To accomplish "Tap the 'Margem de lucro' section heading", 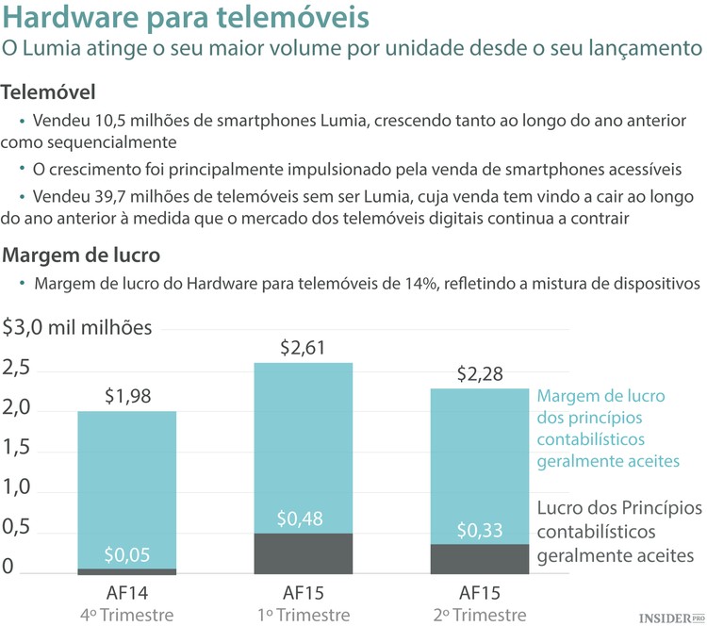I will pyautogui.click(x=81, y=255).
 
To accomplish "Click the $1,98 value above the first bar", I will pyautogui.click(x=126, y=396).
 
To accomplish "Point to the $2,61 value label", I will pyautogui.click(x=304, y=348).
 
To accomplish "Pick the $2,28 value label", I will pyautogui.click(x=480, y=373).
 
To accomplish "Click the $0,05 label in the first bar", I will pyautogui.click(x=126, y=554).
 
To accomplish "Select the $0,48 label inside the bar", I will pyautogui.click(x=304, y=519).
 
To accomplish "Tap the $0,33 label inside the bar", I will pyautogui.click(x=480, y=531).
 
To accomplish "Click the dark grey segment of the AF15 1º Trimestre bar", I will pyautogui.click(x=304, y=554).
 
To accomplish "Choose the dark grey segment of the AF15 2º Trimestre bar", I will pyautogui.click(x=480, y=560).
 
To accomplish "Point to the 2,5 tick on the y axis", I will pyautogui.click(x=17, y=369).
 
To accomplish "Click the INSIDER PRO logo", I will pyautogui.click(x=670, y=617).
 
